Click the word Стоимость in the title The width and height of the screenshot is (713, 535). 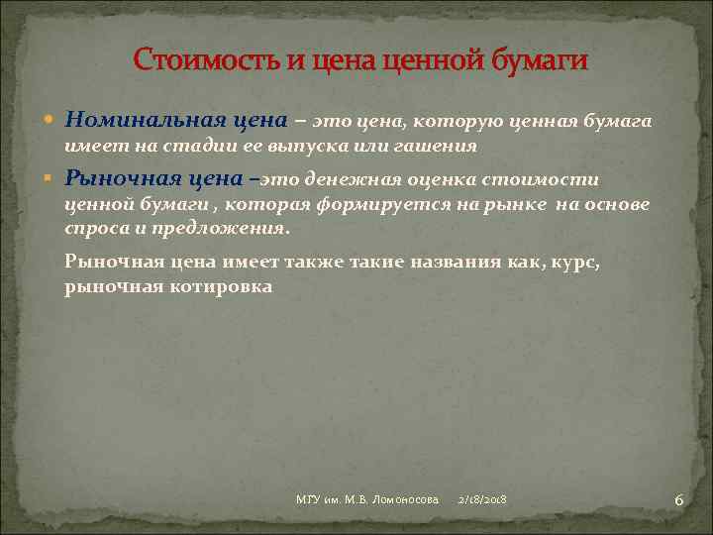tap(205, 60)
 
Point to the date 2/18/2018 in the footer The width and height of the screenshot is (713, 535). tap(482, 500)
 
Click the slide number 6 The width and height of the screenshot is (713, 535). tap(678, 500)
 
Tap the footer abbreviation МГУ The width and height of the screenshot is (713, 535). tap(308, 500)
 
